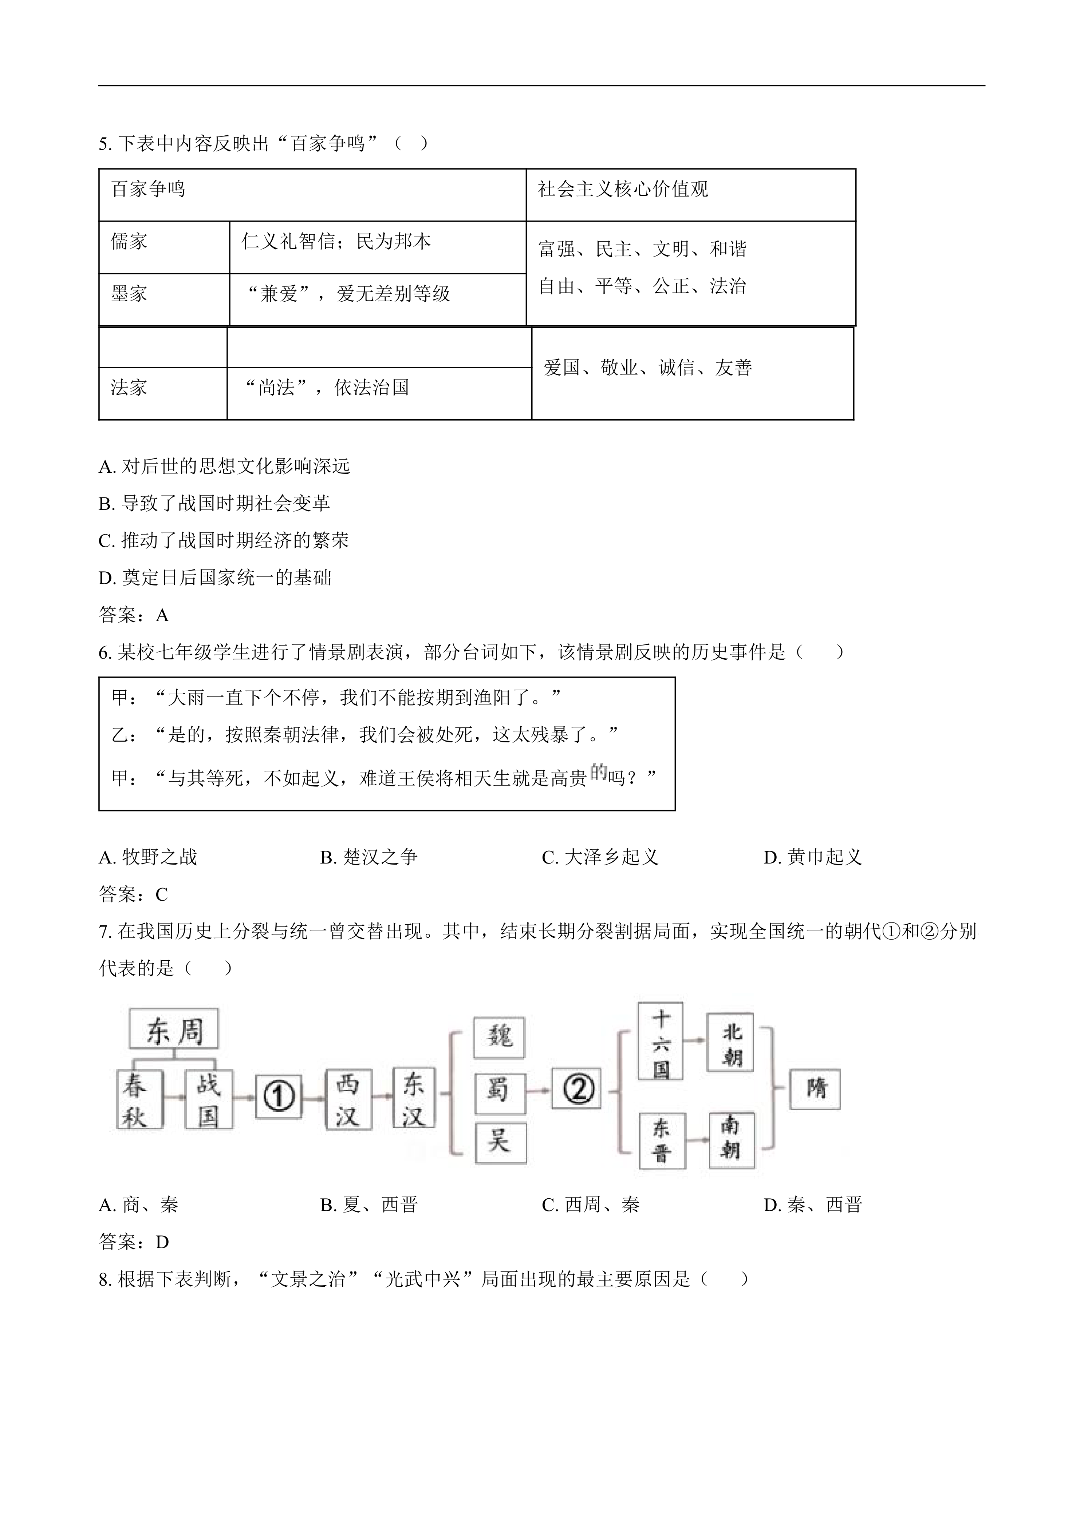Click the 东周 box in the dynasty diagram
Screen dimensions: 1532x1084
pos(174,1032)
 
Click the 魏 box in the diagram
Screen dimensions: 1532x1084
pos(499,1037)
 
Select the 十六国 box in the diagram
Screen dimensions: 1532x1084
pos(660,1041)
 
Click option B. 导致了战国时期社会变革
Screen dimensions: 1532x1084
pos(215,503)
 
